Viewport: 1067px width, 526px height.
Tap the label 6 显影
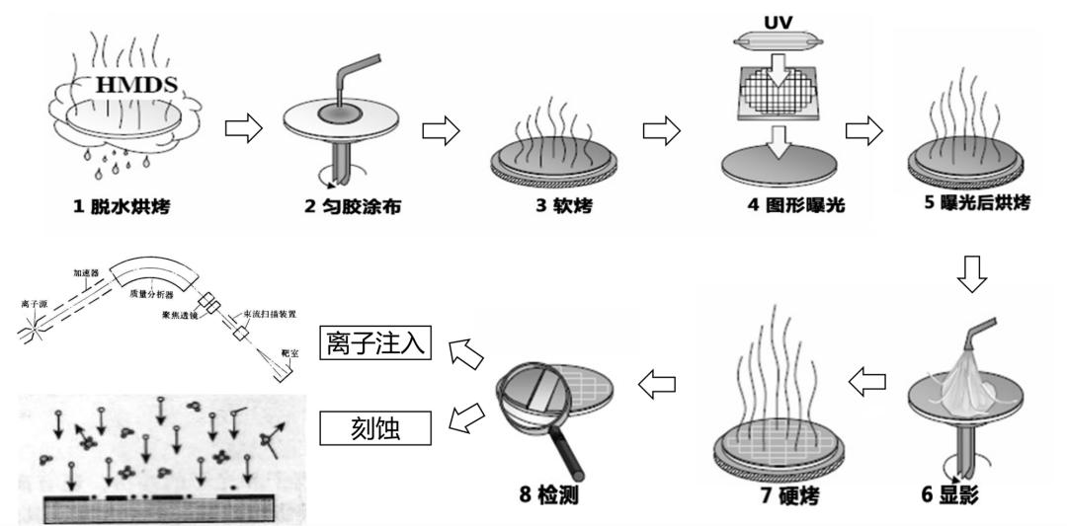click(949, 493)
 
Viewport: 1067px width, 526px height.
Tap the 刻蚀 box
click(376, 425)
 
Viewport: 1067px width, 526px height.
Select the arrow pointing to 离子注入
click(465, 349)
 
